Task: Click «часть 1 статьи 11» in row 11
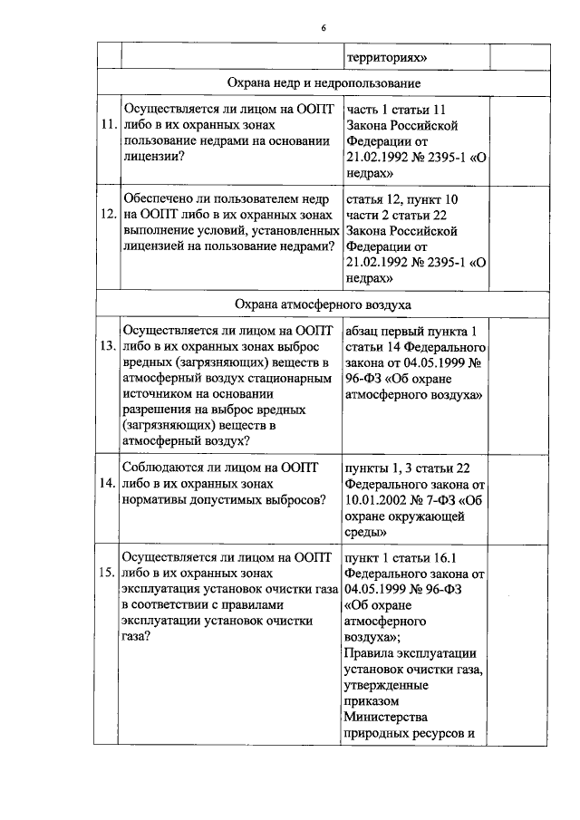(397, 108)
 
